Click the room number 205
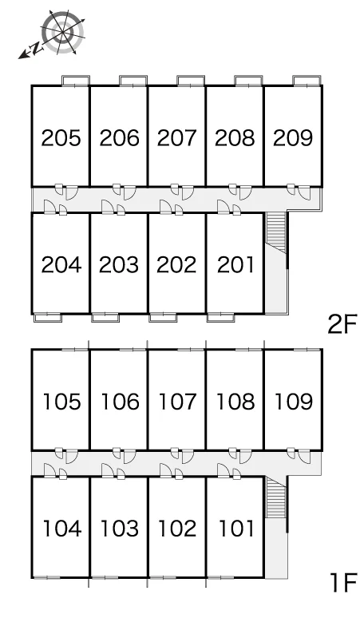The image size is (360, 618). tap(61, 138)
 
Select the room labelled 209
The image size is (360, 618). tap(293, 138)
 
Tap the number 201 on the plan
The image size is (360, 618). tap(235, 264)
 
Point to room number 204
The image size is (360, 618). tap(61, 264)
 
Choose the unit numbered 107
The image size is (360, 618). tap(177, 402)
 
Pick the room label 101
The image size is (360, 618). tap(236, 528)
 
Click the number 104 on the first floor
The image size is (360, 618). tap(62, 528)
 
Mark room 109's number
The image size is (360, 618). tap(294, 402)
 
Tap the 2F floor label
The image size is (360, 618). tap(342, 324)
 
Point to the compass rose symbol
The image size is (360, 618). tap(63, 32)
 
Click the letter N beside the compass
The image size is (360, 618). tap(36, 49)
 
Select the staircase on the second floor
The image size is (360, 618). tap(276, 232)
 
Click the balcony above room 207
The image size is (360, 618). tap(191, 81)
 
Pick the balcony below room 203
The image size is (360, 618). tap(105, 317)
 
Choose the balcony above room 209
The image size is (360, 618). tap(307, 81)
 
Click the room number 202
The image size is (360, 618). tap(176, 264)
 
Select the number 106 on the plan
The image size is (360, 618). tap(120, 402)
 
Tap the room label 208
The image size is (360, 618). tap(235, 138)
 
